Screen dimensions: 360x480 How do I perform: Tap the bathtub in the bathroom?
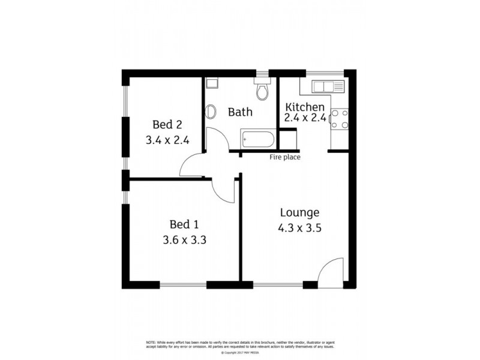click(x=257, y=140)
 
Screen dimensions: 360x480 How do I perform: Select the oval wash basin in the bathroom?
click(x=211, y=112)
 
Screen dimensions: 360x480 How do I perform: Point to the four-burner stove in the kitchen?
click(x=339, y=118)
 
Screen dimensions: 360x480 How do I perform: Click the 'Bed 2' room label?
click(x=167, y=125)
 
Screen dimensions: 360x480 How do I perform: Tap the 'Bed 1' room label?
click(x=184, y=224)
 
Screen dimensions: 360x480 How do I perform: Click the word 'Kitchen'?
click(x=305, y=107)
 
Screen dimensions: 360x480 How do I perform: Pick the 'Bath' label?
click(x=240, y=112)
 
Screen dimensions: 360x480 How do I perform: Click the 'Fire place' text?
click(x=285, y=158)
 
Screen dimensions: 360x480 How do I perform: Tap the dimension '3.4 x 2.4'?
click(x=167, y=141)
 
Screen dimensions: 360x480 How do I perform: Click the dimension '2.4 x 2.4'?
click(x=305, y=118)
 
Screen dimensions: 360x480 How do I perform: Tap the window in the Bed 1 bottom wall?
click(x=184, y=284)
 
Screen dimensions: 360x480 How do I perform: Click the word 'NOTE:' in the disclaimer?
click(x=151, y=342)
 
